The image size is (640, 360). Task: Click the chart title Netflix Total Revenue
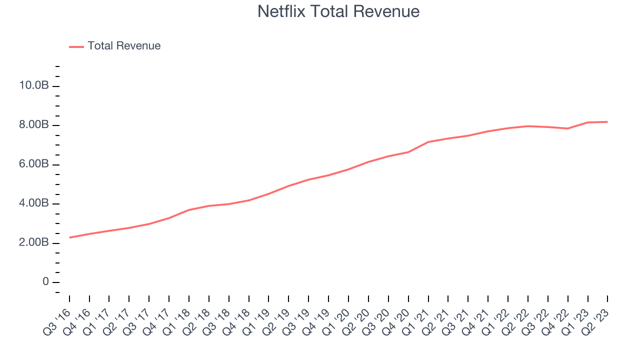coord(338,11)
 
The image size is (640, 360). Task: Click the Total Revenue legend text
coord(124,46)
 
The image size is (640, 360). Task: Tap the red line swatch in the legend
coord(76,46)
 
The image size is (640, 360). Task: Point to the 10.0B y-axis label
coord(33,85)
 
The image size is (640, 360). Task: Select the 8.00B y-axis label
coord(33,125)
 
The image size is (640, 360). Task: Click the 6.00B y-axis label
coord(33,164)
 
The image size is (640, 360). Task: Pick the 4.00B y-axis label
coord(33,203)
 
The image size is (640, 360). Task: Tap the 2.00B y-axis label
coord(33,243)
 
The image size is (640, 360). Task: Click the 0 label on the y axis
coord(45,282)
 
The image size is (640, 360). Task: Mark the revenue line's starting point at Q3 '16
coord(69,237)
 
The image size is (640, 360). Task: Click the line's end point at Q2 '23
coord(607,121)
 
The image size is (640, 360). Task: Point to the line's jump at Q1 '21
coord(428,142)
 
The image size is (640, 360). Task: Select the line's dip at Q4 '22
coord(567,128)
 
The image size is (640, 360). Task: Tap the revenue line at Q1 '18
coord(189,210)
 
